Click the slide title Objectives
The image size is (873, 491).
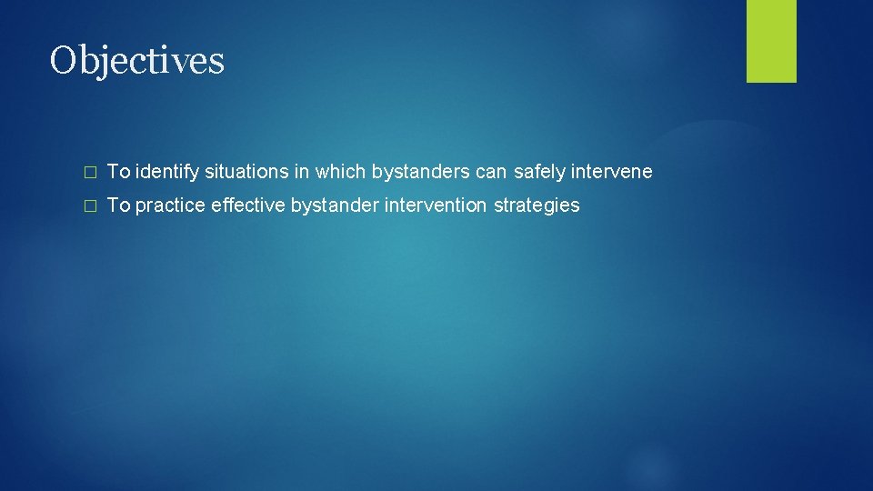point(137,62)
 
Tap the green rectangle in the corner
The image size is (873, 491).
point(771,41)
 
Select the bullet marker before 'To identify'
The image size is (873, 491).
point(88,172)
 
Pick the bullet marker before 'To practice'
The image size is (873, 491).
point(88,206)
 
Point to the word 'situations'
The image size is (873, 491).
point(239,172)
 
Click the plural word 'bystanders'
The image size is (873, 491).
point(412,172)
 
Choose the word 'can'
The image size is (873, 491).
point(491,172)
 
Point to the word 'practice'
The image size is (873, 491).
point(170,205)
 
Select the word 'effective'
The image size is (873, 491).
point(248,205)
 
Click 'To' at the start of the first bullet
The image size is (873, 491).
point(118,172)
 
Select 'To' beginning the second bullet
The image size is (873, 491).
point(118,205)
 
